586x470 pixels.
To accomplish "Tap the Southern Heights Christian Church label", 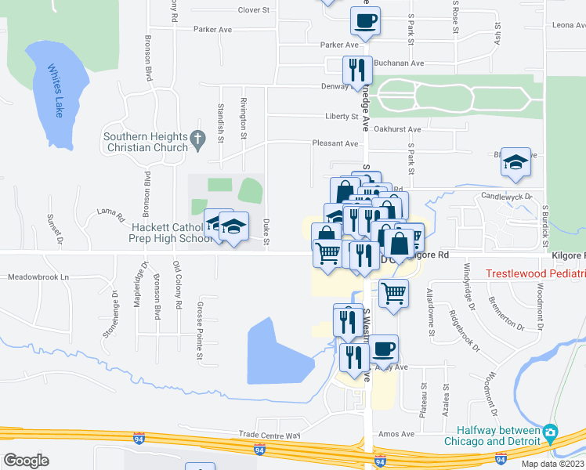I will (146, 143).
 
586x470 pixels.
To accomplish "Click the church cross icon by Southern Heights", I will (198, 142).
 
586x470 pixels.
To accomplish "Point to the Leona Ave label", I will (569, 25).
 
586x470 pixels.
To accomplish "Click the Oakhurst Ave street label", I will (397, 129).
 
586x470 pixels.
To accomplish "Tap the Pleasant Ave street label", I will (335, 143).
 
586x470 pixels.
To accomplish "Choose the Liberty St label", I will (342, 117).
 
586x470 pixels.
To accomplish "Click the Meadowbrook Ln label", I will (38, 277).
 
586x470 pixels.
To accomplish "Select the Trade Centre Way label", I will (270, 435).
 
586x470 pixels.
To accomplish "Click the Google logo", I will (26, 460).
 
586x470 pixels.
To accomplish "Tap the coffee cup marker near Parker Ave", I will (365, 21).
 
